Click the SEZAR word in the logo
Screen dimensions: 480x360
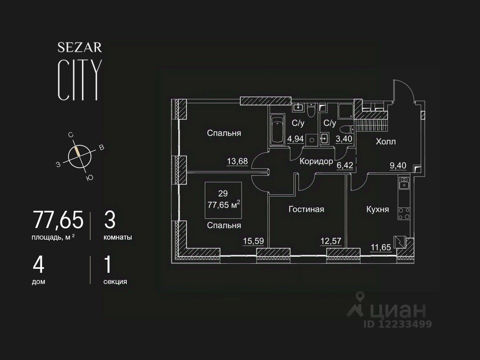tap(80, 47)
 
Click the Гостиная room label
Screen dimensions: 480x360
tap(306, 209)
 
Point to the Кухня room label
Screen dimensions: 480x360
tap(378, 209)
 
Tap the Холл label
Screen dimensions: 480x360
tap(386, 142)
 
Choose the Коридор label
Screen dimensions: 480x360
tap(316, 161)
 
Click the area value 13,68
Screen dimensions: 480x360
tap(237, 161)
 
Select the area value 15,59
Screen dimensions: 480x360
tap(253, 241)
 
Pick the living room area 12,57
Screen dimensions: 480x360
tap(330, 241)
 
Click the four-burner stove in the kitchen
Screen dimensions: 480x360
tap(404, 214)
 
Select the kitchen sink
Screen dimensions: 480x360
tap(404, 183)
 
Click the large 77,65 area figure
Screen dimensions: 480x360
tap(58, 220)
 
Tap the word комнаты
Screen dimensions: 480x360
tap(118, 237)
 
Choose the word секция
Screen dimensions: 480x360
tap(115, 282)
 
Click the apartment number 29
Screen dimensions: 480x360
tap(223, 194)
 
